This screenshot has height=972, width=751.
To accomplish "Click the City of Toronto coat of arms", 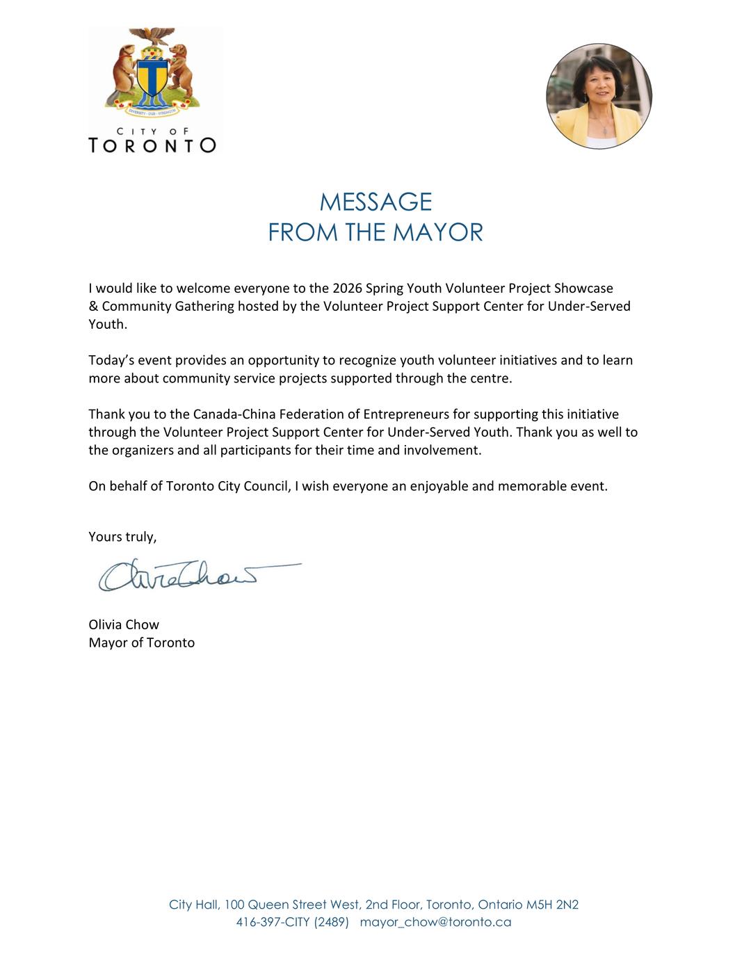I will pyautogui.click(x=152, y=72).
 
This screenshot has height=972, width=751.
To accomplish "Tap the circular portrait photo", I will pyautogui.click(x=599, y=96).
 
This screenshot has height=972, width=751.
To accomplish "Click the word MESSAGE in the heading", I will pyautogui.click(x=375, y=202).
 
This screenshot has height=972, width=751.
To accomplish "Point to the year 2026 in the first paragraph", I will pyautogui.click(x=347, y=288).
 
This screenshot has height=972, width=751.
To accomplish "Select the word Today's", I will pyautogui.click(x=113, y=360).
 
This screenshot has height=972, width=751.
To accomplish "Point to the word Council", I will pyautogui.click(x=266, y=486).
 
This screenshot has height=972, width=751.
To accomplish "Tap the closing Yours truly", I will pyautogui.click(x=122, y=537).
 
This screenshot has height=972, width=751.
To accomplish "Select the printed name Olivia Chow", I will pyautogui.click(x=124, y=624).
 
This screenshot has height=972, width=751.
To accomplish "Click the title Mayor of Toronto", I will pyautogui.click(x=142, y=642).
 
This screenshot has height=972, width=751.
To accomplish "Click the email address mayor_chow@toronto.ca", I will pyautogui.click(x=435, y=922).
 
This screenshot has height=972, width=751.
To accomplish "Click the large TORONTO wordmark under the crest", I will pyautogui.click(x=152, y=145).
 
